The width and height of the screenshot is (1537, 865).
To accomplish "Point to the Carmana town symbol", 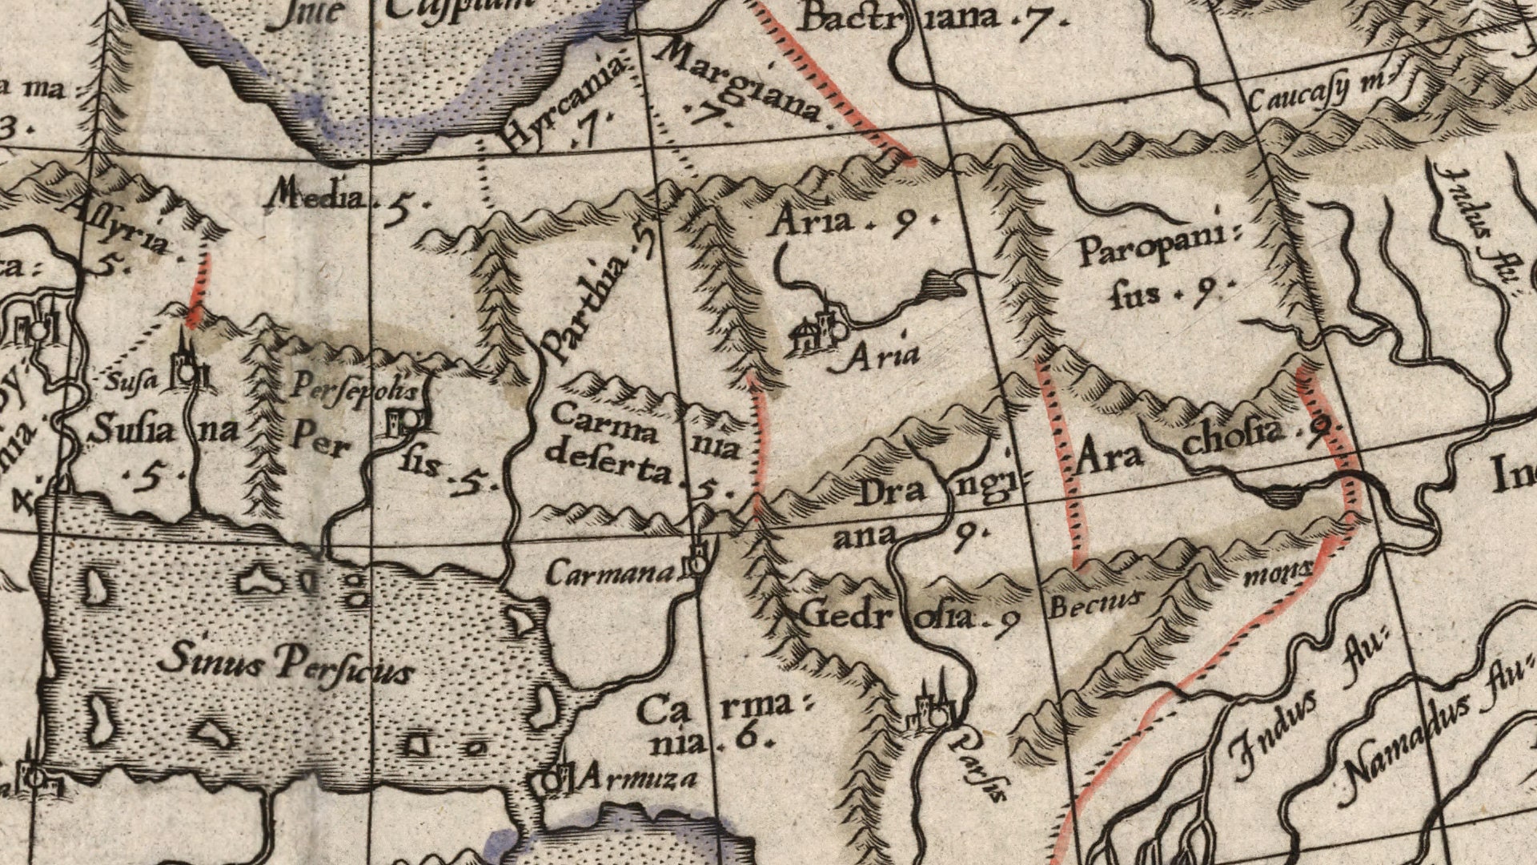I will [x=697, y=561].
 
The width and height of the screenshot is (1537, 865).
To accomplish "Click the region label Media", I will [x=317, y=195].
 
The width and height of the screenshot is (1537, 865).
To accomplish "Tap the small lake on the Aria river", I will [x=941, y=284].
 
